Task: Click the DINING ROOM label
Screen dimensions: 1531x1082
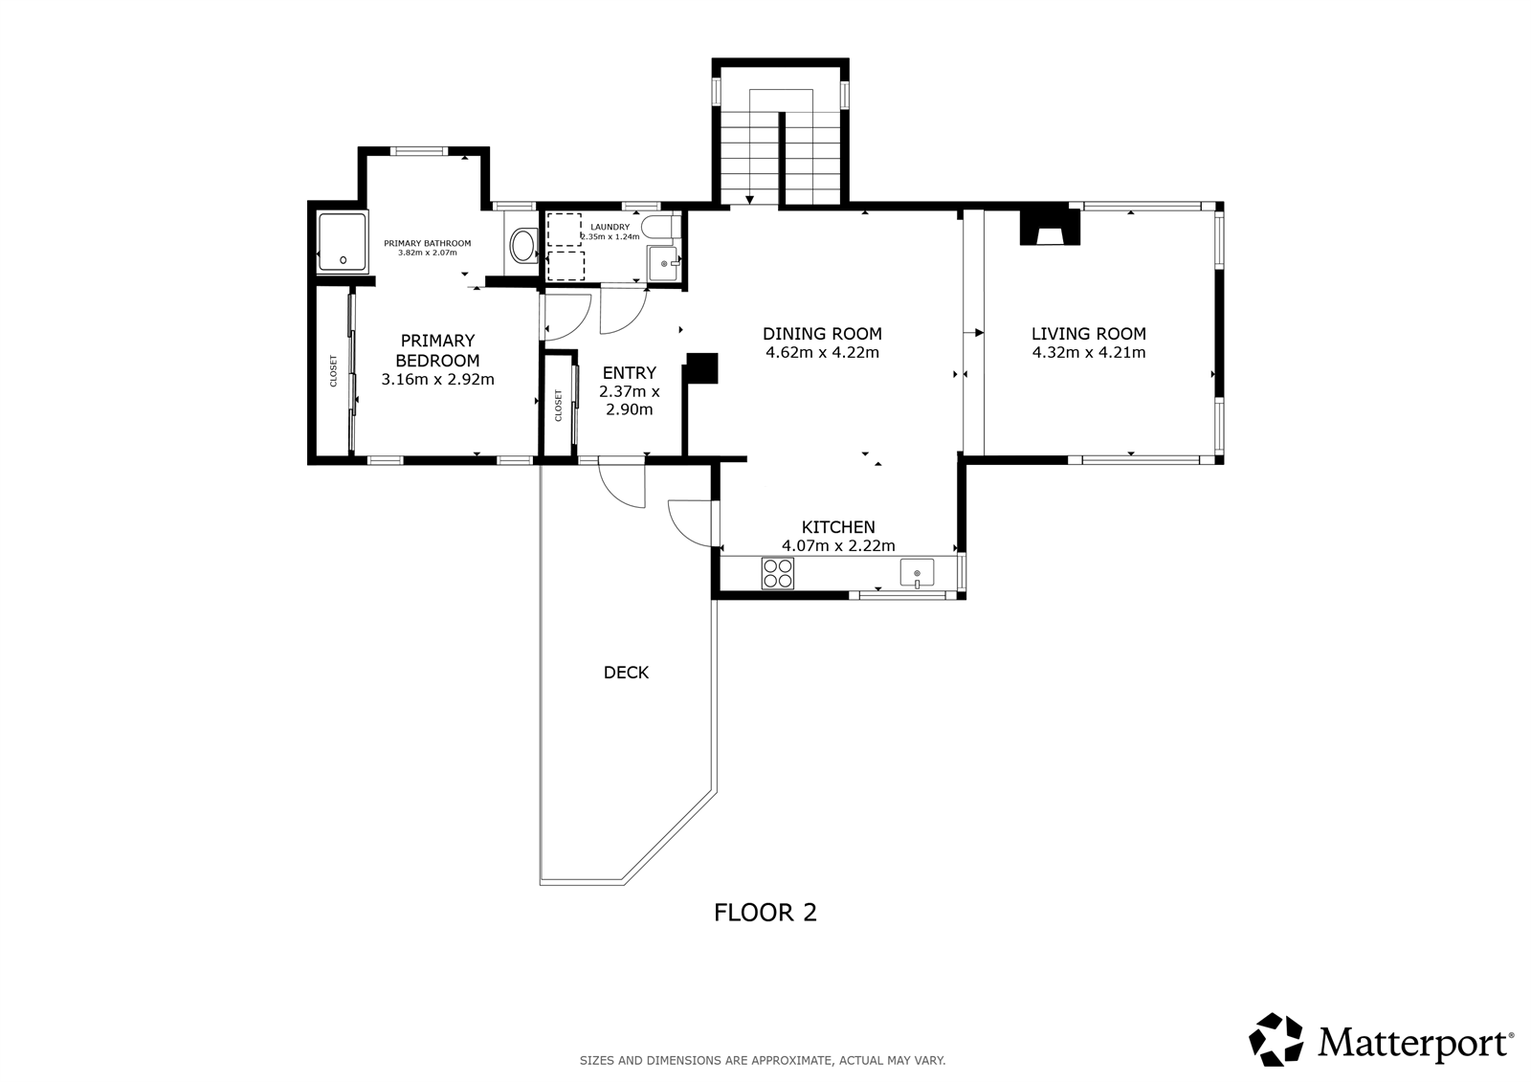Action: click(x=822, y=334)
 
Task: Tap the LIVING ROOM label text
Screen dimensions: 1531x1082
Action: click(x=1089, y=334)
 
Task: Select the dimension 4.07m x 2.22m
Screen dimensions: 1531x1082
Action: click(x=838, y=545)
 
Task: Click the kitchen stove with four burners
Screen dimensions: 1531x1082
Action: click(x=778, y=573)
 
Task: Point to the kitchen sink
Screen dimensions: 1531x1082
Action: click(x=918, y=573)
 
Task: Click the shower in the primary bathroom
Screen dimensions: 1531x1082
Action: click(x=343, y=241)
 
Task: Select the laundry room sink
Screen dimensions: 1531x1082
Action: click(x=664, y=263)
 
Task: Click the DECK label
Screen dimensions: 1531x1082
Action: click(x=626, y=673)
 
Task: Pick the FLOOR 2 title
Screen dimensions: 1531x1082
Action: click(x=765, y=913)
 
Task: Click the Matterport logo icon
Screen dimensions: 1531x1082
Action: click(x=1276, y=1040)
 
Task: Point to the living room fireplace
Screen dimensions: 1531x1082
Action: click(x=1050, y=228)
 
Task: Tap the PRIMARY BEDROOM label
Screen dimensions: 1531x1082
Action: click(x=437, y=350)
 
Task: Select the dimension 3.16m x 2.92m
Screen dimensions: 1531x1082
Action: click(x=437, y=380)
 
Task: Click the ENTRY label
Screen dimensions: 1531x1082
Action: click(x=630, y=372)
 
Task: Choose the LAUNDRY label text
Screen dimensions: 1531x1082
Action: click(x=610, y=227)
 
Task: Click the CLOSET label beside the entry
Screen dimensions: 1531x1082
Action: click(x=559, y=406)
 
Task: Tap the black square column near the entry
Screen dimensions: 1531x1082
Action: click(x=702, y=367)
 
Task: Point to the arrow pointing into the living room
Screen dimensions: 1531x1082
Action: click(x=973, y=333)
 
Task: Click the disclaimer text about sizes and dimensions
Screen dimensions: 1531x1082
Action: click(x=763, y=1061)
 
